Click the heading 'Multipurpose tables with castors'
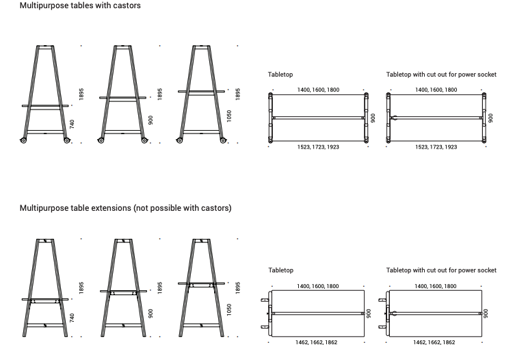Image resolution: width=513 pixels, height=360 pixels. [x=80, y=5]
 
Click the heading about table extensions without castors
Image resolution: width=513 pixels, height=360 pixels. [x=126, y=208]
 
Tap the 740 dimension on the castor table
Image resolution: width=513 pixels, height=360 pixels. [x=72, y=124]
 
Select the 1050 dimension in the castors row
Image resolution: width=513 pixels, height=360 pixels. [x=229, y=116]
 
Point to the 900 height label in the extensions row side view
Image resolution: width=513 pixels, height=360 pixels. [x=150, y=313]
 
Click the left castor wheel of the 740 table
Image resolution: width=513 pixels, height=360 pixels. [x=23, y=140]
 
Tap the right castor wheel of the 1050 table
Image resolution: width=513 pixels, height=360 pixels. [x=223, y=140]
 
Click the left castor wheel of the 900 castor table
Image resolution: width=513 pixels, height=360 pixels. [x=101, y=140]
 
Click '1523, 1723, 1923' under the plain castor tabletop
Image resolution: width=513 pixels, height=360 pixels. [x=318, y=147]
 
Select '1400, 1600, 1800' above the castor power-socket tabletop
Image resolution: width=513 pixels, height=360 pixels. [x=436, y=90]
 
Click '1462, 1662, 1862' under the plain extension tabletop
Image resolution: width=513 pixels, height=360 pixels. [x=316, y=342]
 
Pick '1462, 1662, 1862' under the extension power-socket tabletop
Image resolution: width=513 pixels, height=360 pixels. [x=434, y=342]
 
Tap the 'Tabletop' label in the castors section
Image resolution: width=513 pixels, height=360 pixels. [x=280, y=75]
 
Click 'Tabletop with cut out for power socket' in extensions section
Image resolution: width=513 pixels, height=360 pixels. [x=441, y=270]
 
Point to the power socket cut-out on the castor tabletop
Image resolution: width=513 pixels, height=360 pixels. [x=394, y=118]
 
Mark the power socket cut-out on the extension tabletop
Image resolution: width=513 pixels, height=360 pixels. [x=394, y=313]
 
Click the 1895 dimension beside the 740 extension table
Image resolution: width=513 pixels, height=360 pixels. [x=81, y=287]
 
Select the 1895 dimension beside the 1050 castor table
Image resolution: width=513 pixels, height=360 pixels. [x=238, y=94]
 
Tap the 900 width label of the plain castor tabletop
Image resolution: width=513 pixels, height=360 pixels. [x=373, y=118]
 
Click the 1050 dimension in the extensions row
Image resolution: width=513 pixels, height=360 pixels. [x=229, y=310]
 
